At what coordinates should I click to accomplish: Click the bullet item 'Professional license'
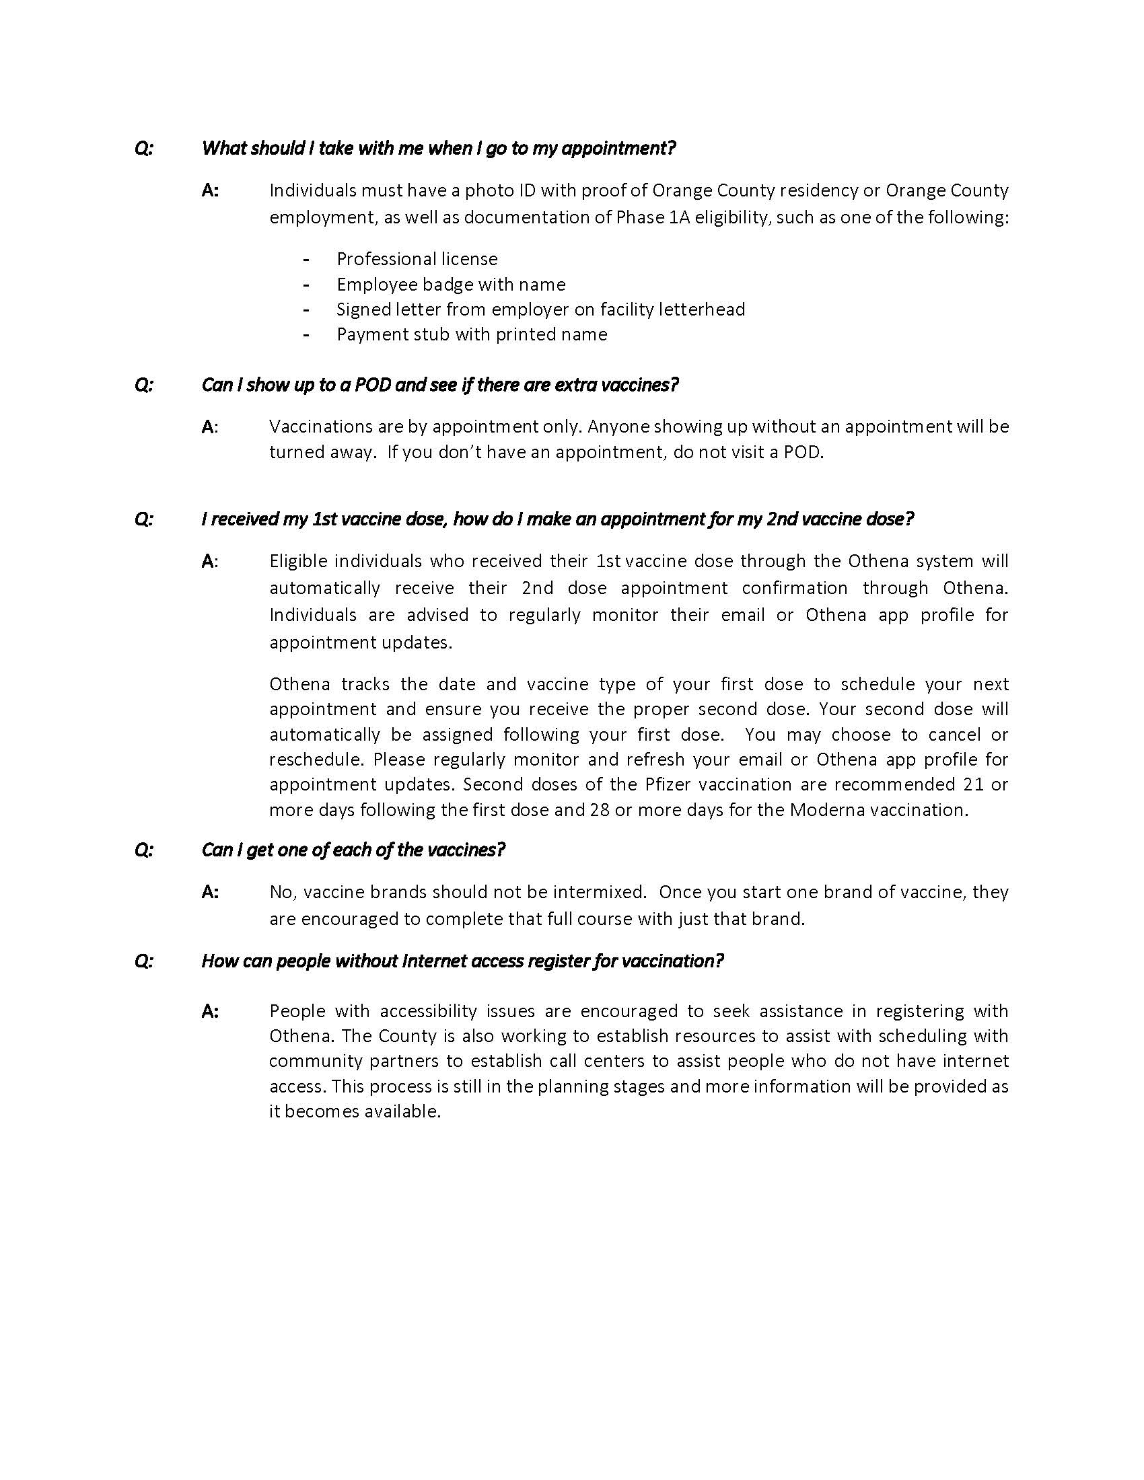(x=417, y=259)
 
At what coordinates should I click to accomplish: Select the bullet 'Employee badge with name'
(x=451, y=284)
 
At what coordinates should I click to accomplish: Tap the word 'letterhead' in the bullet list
(x=705, y=309)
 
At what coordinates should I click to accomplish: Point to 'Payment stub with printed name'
(x=472, y=334)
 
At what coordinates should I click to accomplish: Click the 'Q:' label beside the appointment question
(x=145, y=148)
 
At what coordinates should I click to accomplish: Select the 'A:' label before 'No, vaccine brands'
(x=210, y=892)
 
